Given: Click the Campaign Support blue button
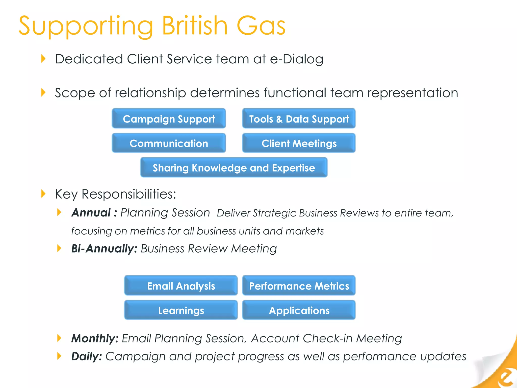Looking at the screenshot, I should [169, 118].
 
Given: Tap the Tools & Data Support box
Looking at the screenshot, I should [299, 118].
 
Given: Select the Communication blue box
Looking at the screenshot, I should [169, 143].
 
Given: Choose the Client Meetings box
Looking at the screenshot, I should [299, 143].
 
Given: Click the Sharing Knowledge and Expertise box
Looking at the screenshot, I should [234, 167].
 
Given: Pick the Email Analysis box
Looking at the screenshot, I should [181, 285].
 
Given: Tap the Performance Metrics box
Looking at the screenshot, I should [299, 285].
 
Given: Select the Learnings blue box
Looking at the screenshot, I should [181, 310].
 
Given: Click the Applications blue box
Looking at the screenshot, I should [299, 310].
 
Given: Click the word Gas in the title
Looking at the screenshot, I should [261, 26].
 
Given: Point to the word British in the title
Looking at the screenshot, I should [195, 26].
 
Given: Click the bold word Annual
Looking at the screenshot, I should [91, 213].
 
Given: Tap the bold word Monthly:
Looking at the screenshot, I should [95, 338].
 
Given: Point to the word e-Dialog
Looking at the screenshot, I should [296, 59].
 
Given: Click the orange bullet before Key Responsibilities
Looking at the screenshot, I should [43, 194].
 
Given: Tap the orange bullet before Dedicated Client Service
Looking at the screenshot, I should [43, 59].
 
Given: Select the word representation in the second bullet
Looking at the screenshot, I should [412, 93].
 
